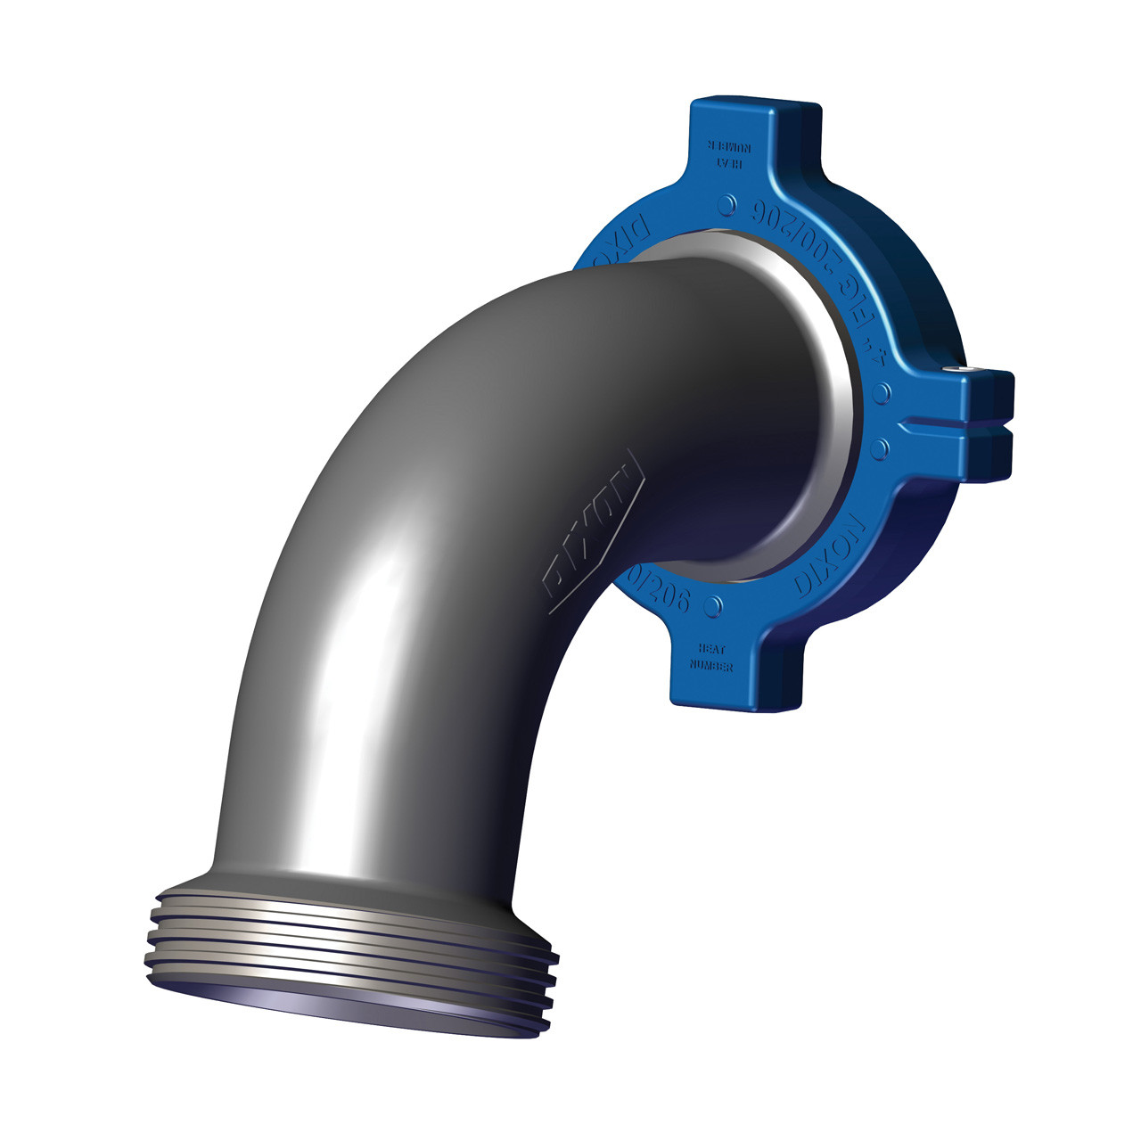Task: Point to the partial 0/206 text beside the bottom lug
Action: point(664,593)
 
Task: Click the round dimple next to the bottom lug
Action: point(712,606)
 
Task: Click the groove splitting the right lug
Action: point(954,427)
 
